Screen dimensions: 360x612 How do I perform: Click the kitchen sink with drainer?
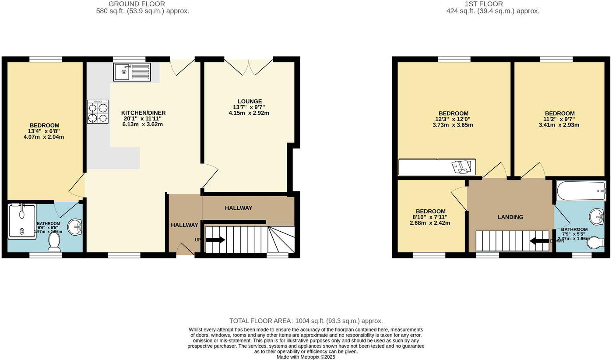tap(132, 72)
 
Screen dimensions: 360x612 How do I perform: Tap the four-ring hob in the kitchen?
tap(98, 112)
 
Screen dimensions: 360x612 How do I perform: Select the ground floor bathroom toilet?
tap(54, 242)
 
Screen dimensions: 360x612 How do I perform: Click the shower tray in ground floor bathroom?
tap(22, 221)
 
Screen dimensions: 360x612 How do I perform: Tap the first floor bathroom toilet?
tap(595, 242)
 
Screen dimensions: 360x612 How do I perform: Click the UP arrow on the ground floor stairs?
tap(215, 240)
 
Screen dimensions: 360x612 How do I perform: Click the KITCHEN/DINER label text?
tap(143, 113)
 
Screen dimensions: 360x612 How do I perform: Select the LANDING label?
tap(510, 217)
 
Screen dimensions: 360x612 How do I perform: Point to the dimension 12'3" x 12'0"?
tap(453, 119)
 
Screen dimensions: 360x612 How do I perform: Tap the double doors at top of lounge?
tap(249, 67)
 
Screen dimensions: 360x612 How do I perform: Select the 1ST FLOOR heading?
tap(490, 4)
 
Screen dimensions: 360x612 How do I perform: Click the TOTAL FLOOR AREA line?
tap(306, 321)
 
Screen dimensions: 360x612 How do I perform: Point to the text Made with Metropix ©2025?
tap(306, 357)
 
